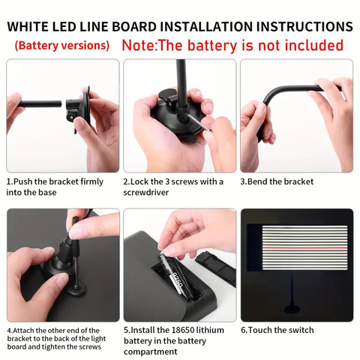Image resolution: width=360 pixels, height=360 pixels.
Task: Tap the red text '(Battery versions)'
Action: (x=62, y=46)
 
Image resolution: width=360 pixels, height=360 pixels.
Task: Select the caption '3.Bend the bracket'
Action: (x=277, y=181)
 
